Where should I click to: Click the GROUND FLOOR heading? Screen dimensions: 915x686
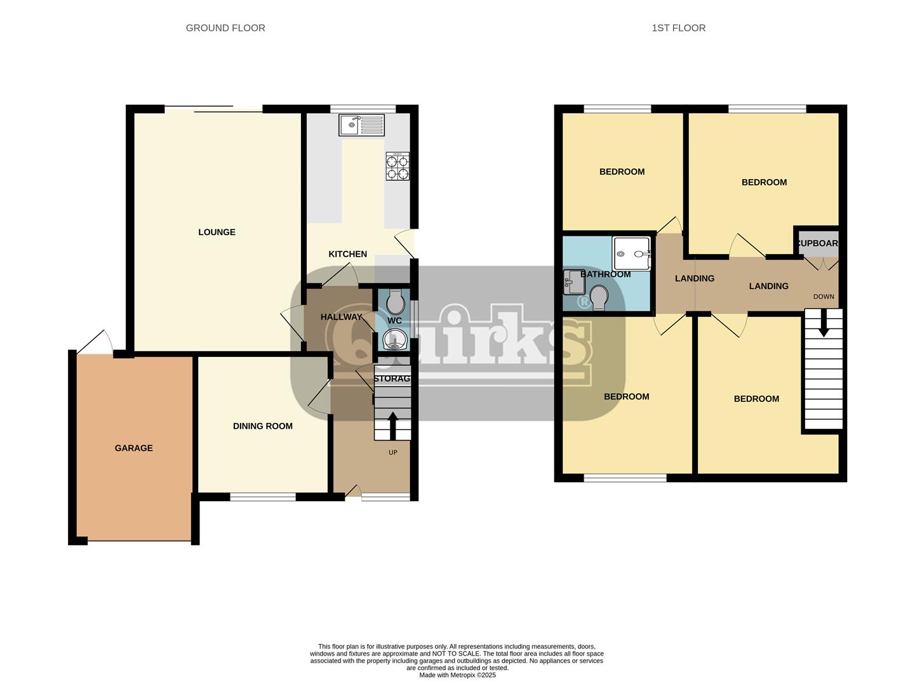[225, 28]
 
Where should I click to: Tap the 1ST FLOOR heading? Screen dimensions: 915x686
[678, 28]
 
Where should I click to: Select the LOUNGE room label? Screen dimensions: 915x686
[217, 232]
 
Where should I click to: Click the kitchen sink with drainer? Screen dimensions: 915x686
[361, 124]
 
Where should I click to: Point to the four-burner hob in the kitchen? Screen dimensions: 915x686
[397, 166]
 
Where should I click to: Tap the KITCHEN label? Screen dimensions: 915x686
[348, 254]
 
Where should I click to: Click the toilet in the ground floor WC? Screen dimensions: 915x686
[395, 302]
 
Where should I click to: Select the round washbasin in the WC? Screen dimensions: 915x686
[394, 339]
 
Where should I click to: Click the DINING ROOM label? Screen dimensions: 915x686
[263, 426]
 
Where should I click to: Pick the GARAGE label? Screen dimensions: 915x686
[134, 448]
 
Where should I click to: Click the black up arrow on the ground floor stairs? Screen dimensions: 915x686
[392, 426]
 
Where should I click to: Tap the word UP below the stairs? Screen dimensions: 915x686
[392, 452]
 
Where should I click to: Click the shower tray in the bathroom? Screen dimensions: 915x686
[631, 253]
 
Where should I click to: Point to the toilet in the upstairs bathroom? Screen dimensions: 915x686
[599, 297]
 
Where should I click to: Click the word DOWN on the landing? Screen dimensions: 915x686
[824, 297]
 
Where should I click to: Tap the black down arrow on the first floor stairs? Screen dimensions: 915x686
[824, 323]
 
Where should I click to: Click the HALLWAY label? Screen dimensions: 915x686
[341, 317]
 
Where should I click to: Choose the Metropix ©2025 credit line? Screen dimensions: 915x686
[457, 675]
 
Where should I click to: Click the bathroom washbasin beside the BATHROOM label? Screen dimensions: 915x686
[574, 282]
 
